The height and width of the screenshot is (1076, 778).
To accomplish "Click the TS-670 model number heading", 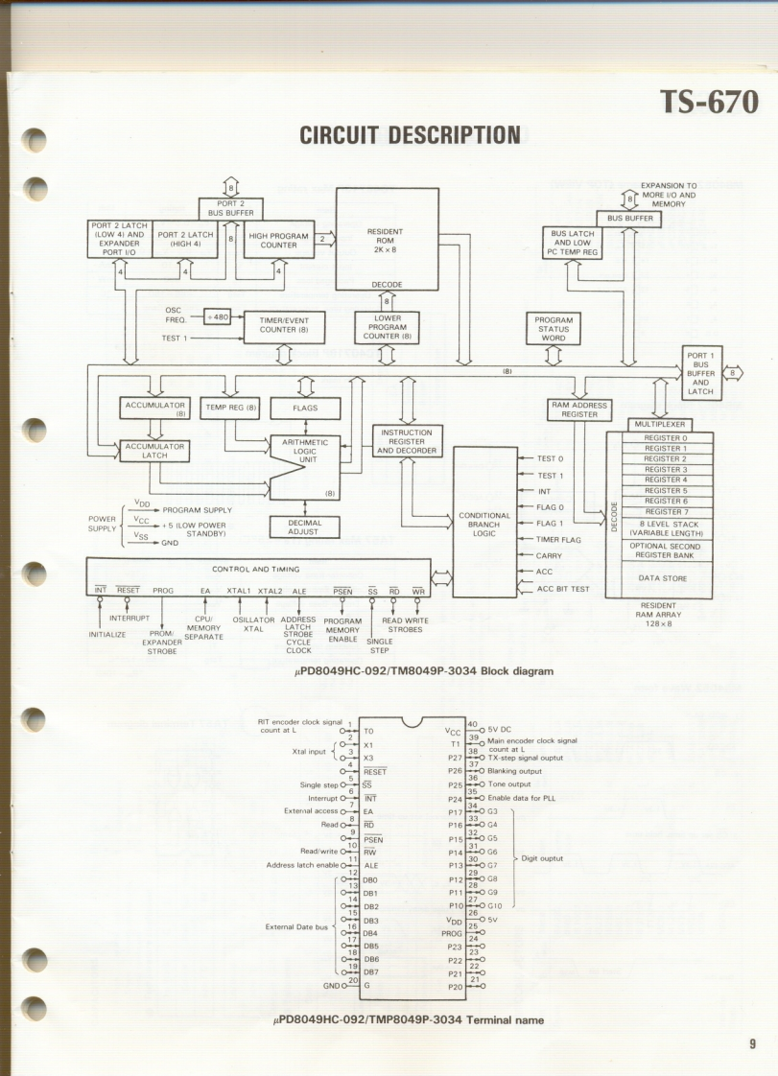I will pyautogui.click(x=708, y=103).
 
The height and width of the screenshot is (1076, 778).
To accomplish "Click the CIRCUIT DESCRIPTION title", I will pyautogui.click(x=410, y=135).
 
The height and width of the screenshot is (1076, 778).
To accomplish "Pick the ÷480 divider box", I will pyautogui.click(x=218, y=317).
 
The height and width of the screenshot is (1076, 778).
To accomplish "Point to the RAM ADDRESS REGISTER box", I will pyautogui.click(x=579, y=409).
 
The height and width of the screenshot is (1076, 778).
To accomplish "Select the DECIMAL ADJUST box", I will pyautogui.click(x=304, y=527).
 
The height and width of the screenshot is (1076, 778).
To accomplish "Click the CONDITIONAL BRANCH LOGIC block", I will pyautogui.click(x=483, y=524).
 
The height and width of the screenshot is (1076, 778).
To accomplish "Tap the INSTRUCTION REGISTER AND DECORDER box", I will pyautogui.click(x=407, y=441).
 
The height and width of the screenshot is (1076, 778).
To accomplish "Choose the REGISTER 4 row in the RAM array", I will pyautogui.click(x=666, y=480).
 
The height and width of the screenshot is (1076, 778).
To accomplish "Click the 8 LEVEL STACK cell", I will pyautogui.click(x=666, y=528).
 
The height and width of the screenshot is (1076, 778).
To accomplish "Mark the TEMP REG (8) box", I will pyautogui.click(x=231, y=408).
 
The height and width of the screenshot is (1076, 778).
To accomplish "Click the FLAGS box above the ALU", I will pyautogui.click(x=305, y=408).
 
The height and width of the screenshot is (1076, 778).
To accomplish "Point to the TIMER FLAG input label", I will pyautogui.click(x=558, y=540).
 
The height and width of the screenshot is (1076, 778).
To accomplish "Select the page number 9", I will pyautogui.click(x=753, y=1043).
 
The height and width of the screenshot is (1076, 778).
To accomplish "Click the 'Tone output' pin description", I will pyautogui.click(x=508, y=784).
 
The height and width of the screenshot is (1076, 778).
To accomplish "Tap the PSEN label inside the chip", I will pyautogui.click(x=374, y=839).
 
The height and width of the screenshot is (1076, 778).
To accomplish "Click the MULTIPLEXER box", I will pyautogui.click(x=660, y=425).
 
